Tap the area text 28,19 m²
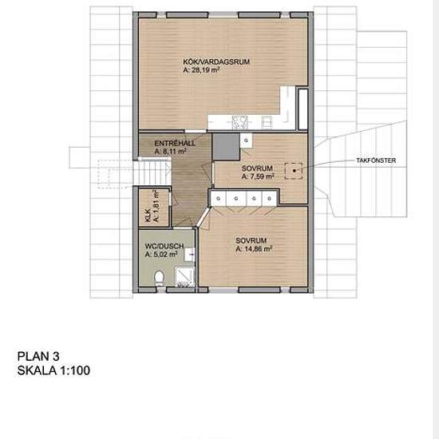(201, 70)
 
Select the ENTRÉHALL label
(171, 142)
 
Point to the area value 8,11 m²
(171, 150)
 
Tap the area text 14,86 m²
(255, 249)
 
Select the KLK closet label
(148, 215)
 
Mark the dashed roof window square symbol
(295, 169)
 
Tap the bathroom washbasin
(190, 255)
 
